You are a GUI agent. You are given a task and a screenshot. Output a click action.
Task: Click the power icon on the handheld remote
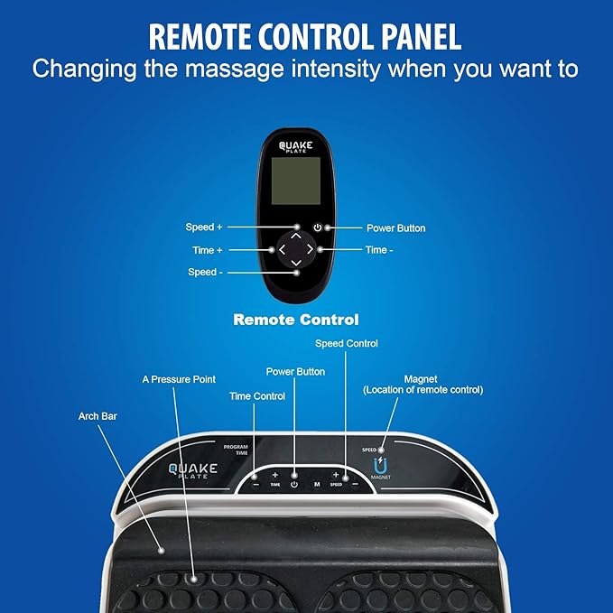coord(318,228)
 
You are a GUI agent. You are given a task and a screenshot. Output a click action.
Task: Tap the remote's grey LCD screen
coord(295,181)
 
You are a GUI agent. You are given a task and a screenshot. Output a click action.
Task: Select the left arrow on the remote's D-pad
coord(282,247)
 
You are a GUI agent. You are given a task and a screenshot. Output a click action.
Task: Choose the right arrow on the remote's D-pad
coord(310,247)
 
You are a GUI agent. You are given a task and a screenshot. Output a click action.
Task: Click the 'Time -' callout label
coord(379,250)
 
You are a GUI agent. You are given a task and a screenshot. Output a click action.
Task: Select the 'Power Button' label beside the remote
coord(395,228)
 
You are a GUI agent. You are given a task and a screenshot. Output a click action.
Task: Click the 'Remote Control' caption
coord(296,320)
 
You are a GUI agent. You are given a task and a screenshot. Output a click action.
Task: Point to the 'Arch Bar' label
coord(97,416)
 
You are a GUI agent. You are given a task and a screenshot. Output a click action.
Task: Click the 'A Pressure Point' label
coord(179,379)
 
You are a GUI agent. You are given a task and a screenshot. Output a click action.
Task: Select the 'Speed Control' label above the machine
coord(347,344)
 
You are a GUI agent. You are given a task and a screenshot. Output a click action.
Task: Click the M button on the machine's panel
coord(316,484)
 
